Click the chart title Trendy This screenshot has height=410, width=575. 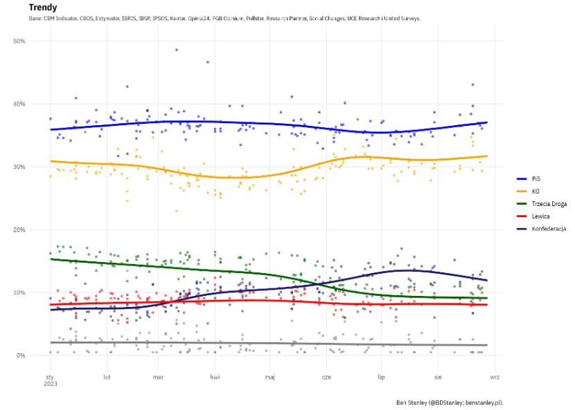(42, 8)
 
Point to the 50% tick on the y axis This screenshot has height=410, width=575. (19, 41)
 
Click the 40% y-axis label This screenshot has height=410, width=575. (19, 104)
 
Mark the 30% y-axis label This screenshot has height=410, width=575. (19, 167)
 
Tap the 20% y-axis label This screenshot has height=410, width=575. (19, 230)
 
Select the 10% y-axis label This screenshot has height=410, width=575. (19, 292)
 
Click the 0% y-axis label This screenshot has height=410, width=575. (21, 355)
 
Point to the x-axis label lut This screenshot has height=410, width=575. (107, 378)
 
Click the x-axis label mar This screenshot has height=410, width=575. (159, 378)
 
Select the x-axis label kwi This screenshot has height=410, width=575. (215, 378)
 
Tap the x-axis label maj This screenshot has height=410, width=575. (269, 378)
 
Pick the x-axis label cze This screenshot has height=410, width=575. (326, 378)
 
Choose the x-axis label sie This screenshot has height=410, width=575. (438, 378)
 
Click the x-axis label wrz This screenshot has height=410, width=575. (494, 378)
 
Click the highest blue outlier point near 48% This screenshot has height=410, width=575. (177, 50)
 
